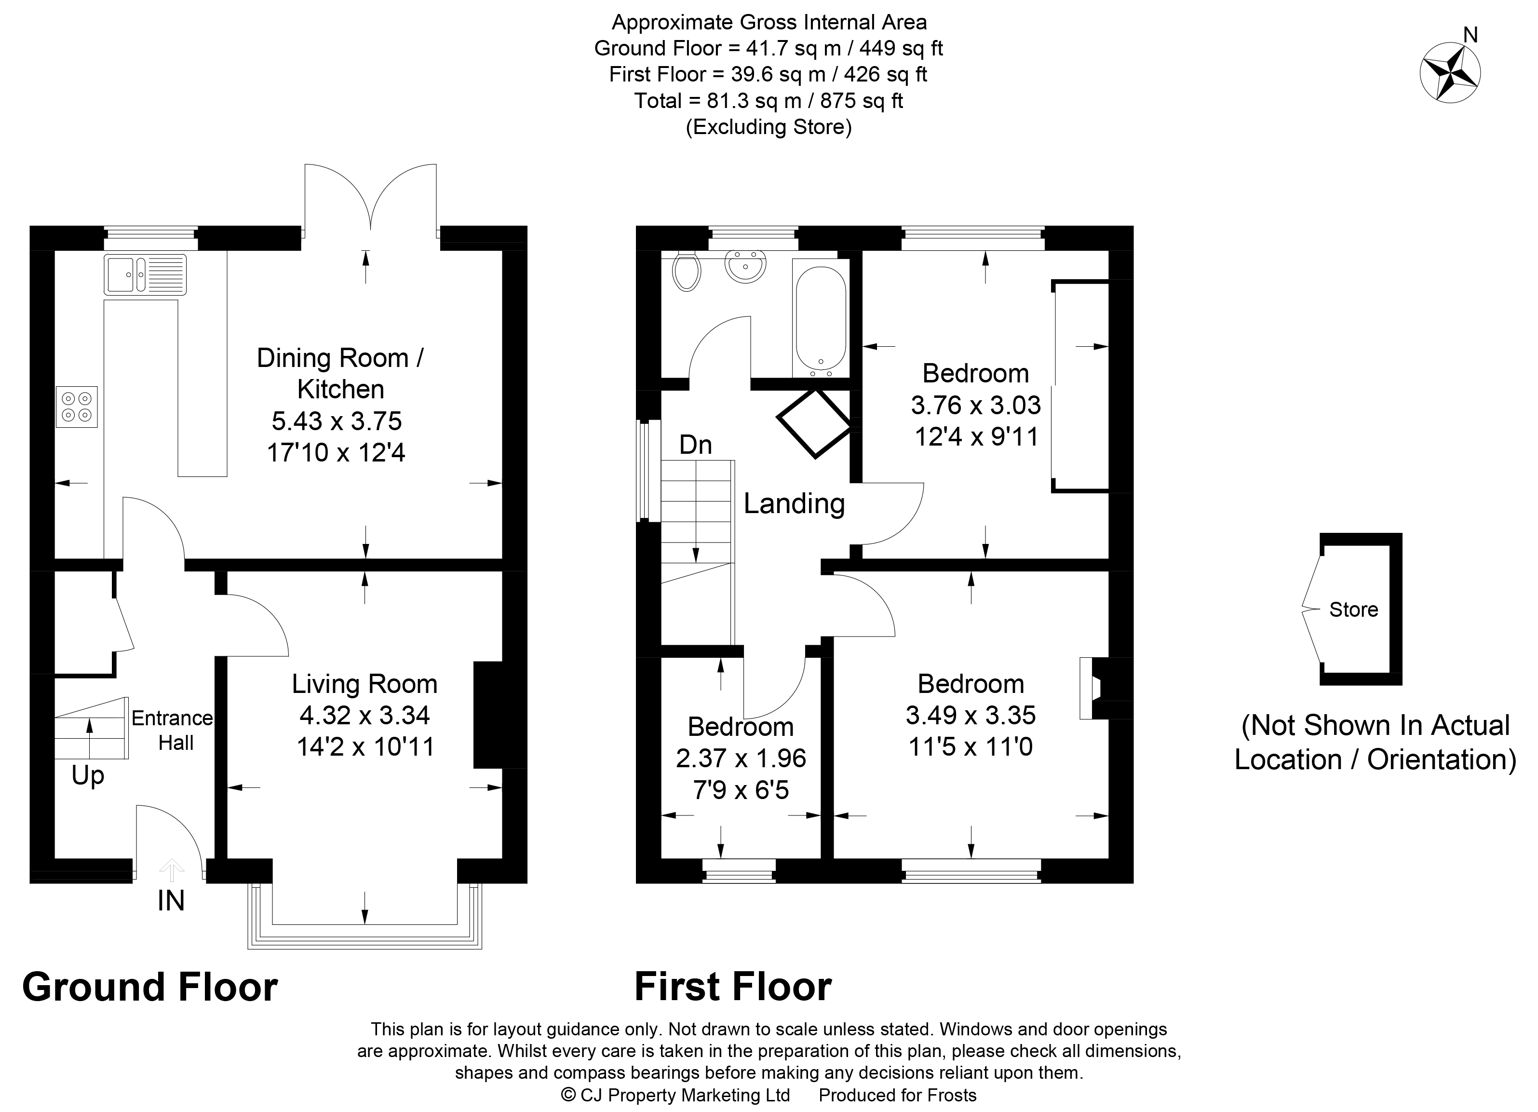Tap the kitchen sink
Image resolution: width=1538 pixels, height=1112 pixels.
coord(145,274)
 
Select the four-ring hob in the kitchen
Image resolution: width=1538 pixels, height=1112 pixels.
coord(77,407)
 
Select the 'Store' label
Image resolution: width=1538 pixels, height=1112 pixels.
coord(1353,610)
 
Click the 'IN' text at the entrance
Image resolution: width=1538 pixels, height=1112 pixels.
coord(171,900)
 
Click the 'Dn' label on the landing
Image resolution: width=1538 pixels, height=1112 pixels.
coord(696,445)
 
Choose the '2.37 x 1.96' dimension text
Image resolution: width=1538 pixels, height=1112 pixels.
coord(741,758)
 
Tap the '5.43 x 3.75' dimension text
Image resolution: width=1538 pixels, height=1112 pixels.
coord(337,421)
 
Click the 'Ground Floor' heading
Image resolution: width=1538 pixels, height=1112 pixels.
coord(150,987)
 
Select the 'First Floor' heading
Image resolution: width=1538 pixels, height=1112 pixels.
coord(733,987)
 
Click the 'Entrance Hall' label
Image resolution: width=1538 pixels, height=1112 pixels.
coord(172,730)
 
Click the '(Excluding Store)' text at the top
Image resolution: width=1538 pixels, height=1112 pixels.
coord(769,127)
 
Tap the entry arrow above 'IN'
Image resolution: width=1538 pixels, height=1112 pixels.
coord(171,870)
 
